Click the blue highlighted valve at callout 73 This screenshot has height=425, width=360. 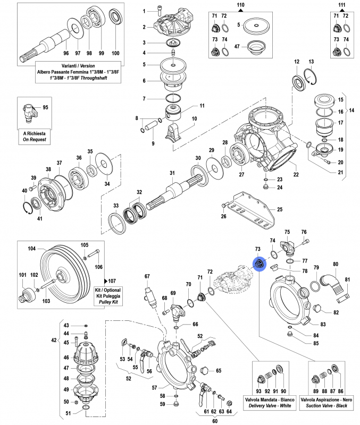259,264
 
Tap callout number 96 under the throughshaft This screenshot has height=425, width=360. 66,53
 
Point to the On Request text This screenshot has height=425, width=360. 35,140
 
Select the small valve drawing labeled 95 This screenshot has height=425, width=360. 30,112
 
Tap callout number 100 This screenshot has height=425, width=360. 115,53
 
